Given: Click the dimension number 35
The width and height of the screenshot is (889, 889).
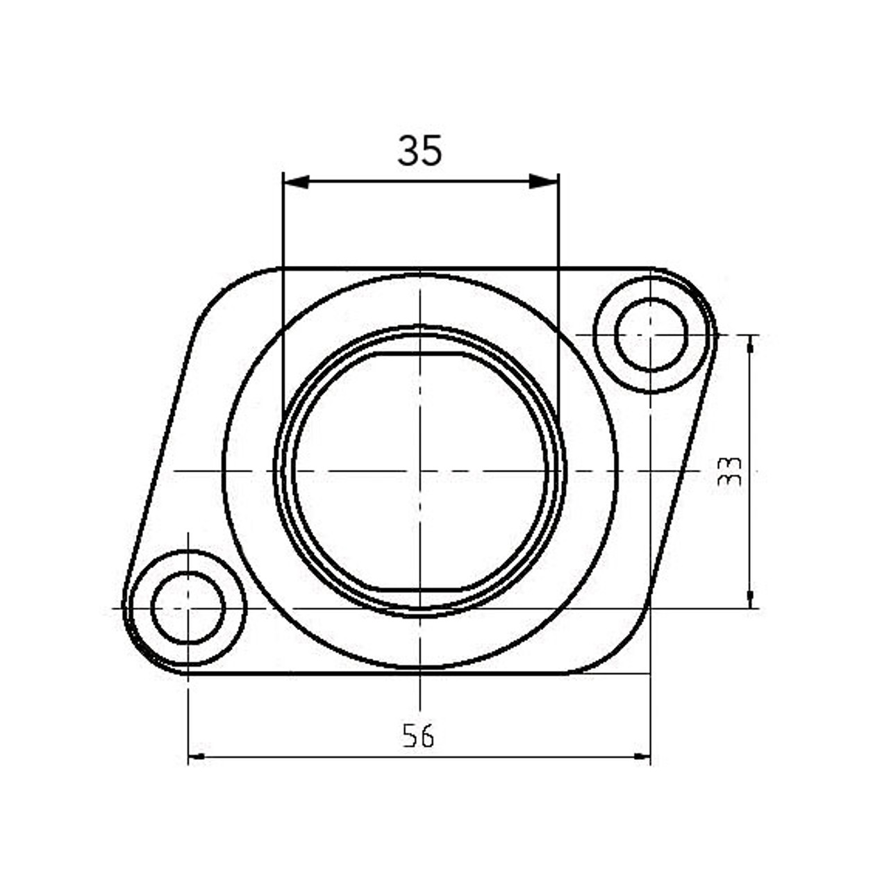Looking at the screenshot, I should pyautogui.click(x=419, y=151).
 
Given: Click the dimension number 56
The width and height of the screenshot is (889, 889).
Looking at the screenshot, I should pyautogui.click(x=418, y=736).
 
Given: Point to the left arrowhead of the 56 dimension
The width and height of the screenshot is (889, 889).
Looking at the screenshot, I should pyautogui.click(x=197, y=757).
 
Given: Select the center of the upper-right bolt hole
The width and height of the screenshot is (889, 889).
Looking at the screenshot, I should pyautogui.click(x=651, y=335).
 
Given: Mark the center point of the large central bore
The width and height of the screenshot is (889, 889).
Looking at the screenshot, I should pyautogui.click(x=421, y=471).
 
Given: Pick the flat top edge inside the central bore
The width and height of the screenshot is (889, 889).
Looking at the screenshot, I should pyautogui.click(x=421, y=354).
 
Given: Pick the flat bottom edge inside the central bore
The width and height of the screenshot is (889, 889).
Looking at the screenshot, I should pyautogui.click(x=421, y=589).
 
